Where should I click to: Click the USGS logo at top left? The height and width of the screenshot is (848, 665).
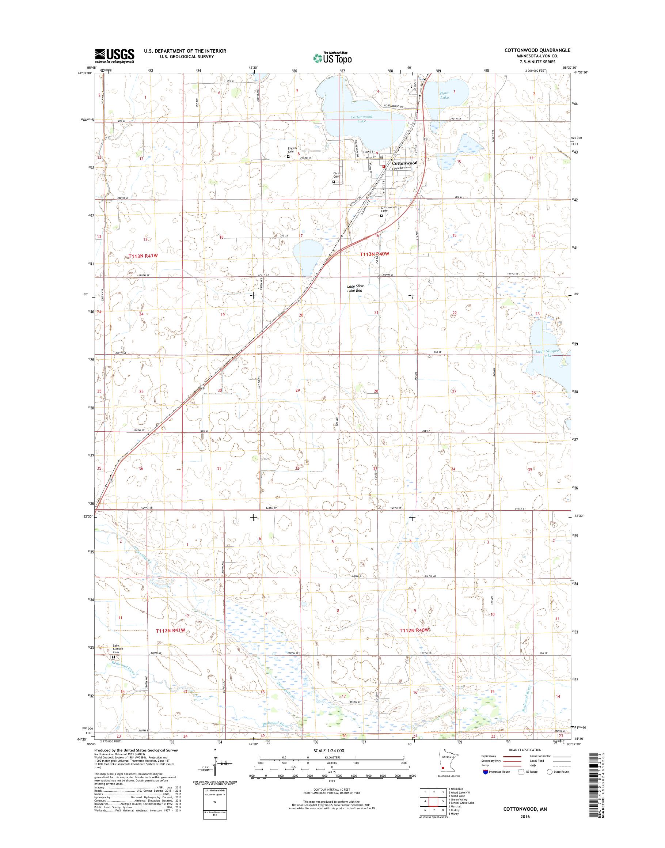(115, 56)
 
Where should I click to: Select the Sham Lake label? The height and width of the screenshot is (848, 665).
(444, 95)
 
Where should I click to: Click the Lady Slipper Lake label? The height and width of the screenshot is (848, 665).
(547, 353)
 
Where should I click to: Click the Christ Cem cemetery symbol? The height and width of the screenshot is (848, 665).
(334, 182)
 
